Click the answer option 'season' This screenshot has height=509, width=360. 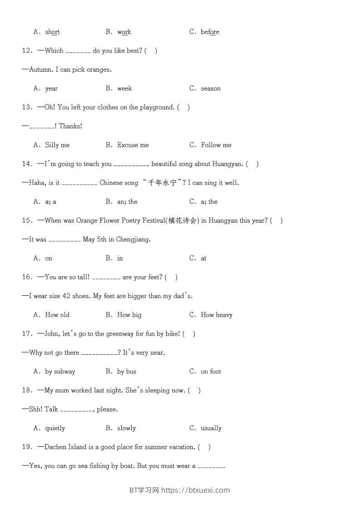[x=211, y=88]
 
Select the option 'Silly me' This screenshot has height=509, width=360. [x=57, y=145]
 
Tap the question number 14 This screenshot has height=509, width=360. [x=27, y=164]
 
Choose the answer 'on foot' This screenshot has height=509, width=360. [x=211, y=372]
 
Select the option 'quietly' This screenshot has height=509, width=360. [x=55, y=428]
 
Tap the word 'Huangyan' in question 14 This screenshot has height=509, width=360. [x=229, y=164]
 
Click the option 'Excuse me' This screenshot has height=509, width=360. [x=133, y=145]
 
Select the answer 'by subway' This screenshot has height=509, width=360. [x=60, y=372]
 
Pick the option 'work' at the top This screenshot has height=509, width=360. [x=124, y=32]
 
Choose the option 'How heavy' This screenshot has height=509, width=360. [x=217, y=315]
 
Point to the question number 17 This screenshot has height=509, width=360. [x=27, y=334]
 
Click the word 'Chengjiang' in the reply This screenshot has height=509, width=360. [x=133, y=240]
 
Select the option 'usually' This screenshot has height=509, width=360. [x=211, y=428]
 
